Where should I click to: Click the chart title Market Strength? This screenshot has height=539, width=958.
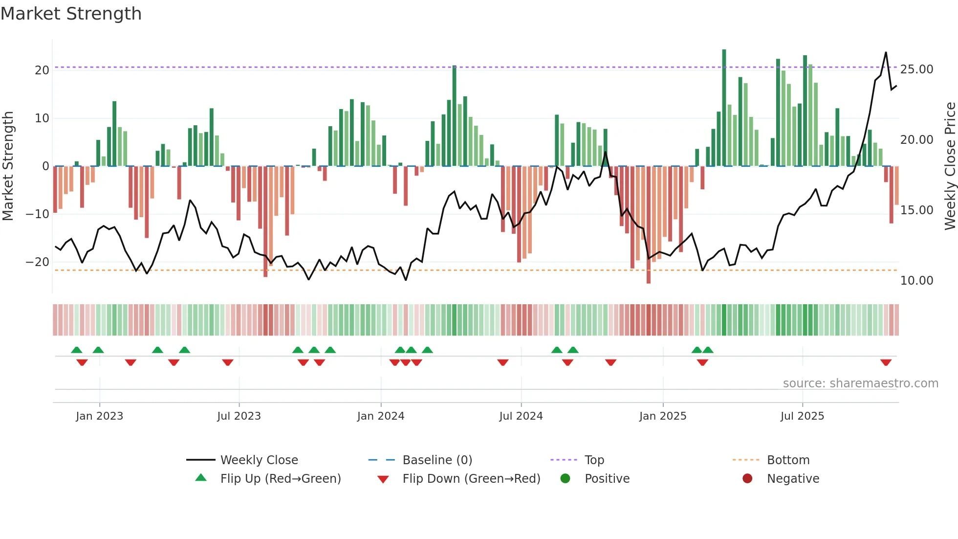click(x=71, y=14)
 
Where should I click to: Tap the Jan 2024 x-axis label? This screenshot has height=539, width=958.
click(x=381, y=416)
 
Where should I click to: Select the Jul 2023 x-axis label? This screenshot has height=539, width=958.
click(x=239, y=416)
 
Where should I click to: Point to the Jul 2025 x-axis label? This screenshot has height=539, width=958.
click(x=802, y=416)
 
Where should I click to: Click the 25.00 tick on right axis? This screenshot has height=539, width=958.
click(x=916, y=69)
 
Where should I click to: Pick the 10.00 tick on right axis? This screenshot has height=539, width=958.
click(x=916, y=281)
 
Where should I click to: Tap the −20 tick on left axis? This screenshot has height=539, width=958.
click(x=38, y=262)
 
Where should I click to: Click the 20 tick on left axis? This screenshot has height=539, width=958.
click(x=42, y=70)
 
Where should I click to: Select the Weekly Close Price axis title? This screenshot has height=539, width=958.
click(x=950, y=166)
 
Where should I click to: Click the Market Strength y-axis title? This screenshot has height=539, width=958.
click(x=8, y=166)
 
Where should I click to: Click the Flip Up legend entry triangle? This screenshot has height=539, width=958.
click(x=201, y=478)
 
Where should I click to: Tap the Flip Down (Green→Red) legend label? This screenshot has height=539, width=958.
click(x=471, y=479)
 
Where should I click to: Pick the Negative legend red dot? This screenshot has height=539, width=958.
click(x=747, y=479)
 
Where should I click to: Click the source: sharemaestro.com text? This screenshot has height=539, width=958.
click(x=860, y=383)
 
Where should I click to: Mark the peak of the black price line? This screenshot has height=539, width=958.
click(x=886, y=53)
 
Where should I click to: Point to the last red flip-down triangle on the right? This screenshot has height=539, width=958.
click(x=886, y=362)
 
